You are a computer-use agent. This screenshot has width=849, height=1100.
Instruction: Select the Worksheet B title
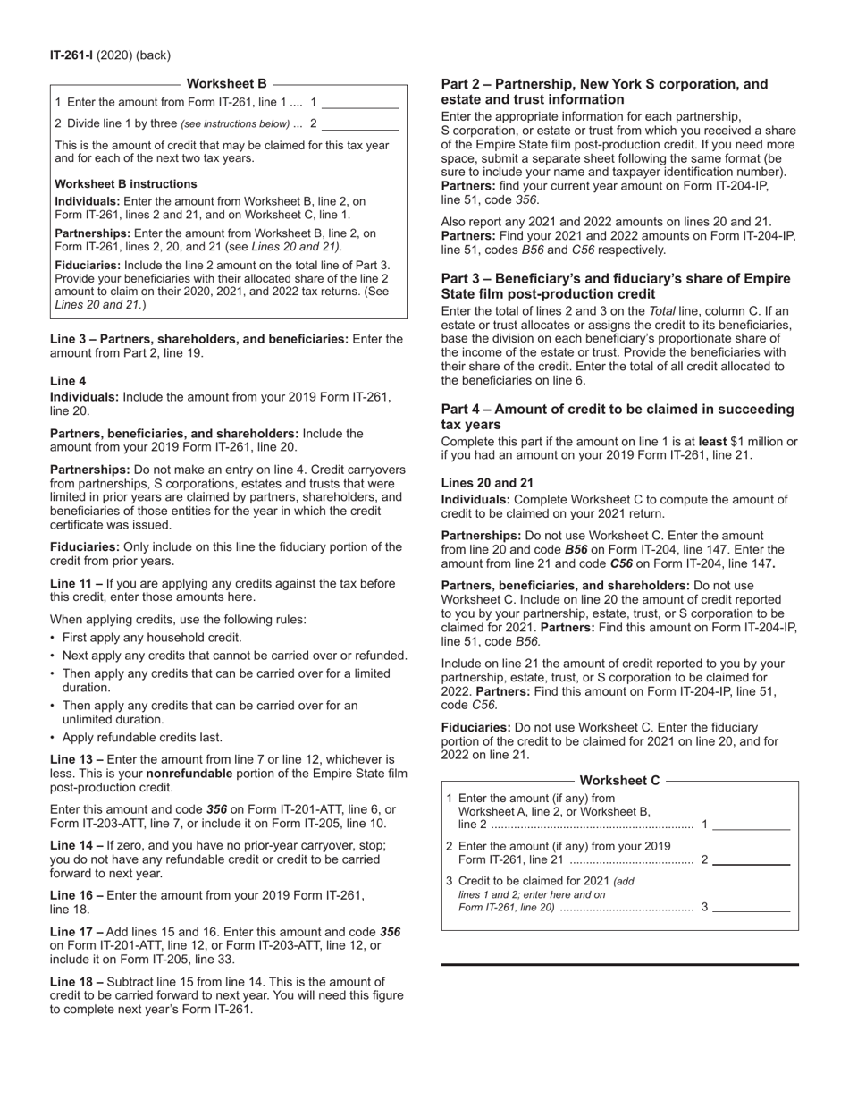click(x=227, y=84)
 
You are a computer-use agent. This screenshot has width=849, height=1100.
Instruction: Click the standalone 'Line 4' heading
click(x=68, y=381)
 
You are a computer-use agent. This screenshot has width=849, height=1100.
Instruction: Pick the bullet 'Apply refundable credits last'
click(x=142, y=738)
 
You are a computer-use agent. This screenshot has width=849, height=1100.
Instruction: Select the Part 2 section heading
click(x=604, y=92)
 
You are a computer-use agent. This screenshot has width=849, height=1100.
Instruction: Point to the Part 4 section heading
click(x=617, y=417)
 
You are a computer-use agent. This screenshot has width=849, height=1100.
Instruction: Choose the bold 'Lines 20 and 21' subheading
click(x=487, y=483)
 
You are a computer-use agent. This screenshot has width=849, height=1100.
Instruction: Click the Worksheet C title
click(x=620, y=780)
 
